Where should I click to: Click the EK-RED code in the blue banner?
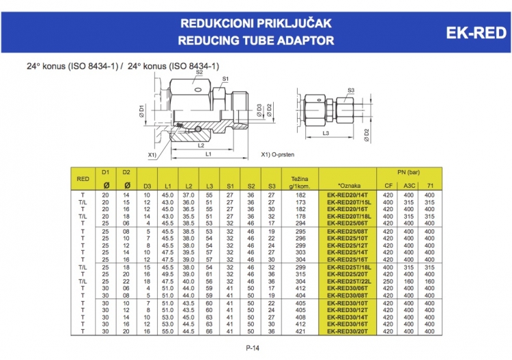476,33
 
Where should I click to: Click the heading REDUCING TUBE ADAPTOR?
256,40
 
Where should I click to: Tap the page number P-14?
253,348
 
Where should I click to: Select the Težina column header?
300,182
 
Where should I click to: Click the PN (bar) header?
408,172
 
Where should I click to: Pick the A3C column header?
409,186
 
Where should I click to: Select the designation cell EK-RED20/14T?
347,195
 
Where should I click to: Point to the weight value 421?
300,331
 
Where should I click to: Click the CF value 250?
388,281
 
